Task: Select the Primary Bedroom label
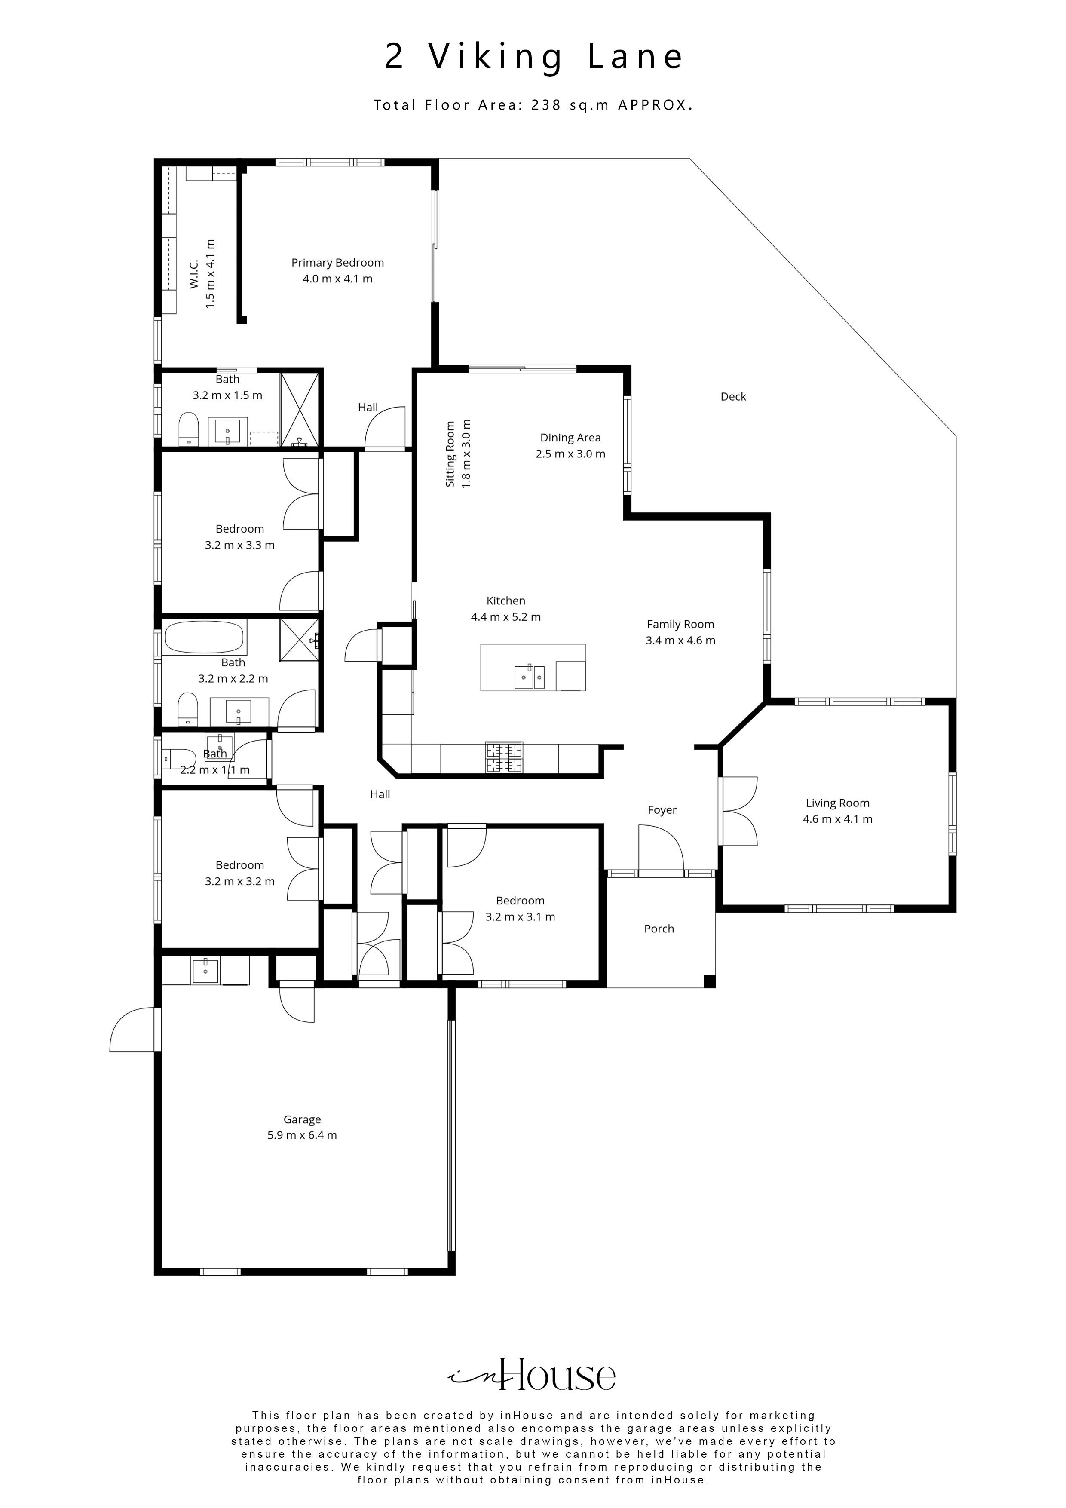337,263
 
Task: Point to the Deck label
733,397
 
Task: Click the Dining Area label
570,438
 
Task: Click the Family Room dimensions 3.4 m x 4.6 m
680,641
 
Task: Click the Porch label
659,929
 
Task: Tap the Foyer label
662,810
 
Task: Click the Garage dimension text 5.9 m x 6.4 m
302,1136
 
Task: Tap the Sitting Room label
450,454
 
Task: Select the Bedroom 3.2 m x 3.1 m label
520,901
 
